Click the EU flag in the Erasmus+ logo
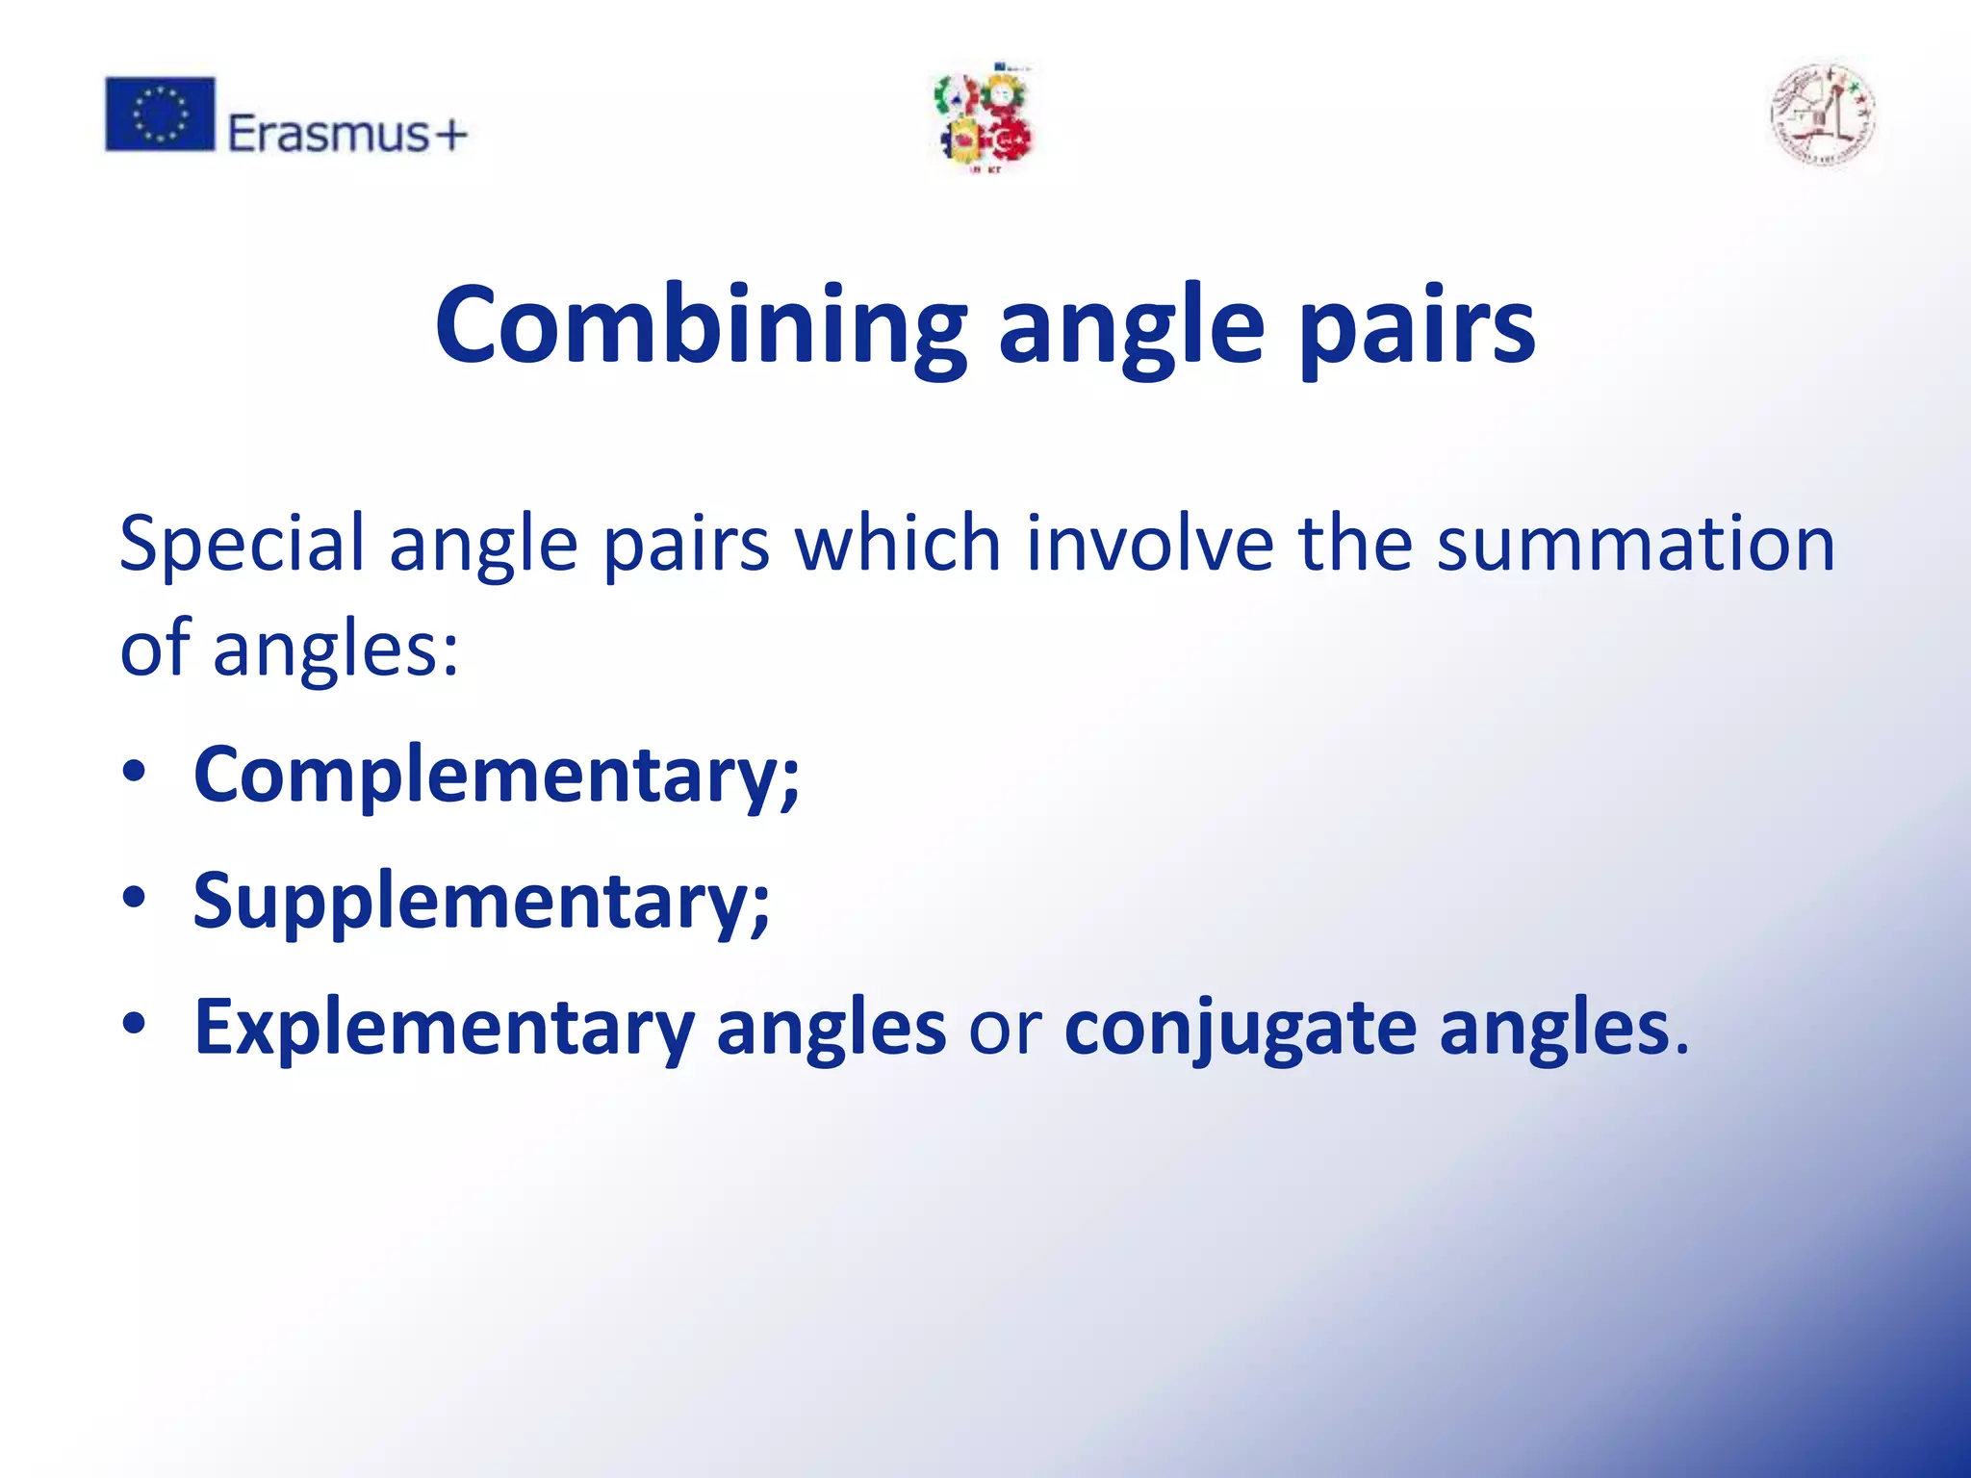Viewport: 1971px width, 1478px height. [160, 115]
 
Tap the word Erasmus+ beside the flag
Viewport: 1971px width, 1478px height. [346, 134]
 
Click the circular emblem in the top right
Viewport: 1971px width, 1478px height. [1822, 116]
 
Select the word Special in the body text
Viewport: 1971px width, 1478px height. [241, 545]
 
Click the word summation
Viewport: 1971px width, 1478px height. [1636, 545]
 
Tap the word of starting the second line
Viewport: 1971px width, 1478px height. [154, 647]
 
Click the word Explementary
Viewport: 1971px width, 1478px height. [444, 1029]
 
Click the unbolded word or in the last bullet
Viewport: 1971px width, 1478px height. [1005, 1029]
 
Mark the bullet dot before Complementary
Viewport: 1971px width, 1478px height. [134, 772]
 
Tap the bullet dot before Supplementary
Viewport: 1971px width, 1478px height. [134, 898]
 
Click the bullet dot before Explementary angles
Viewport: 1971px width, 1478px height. [134, 1024]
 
